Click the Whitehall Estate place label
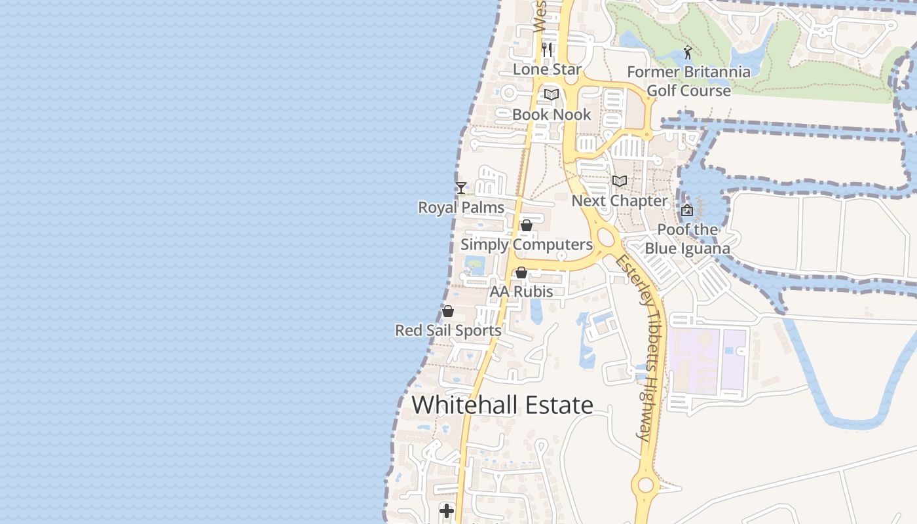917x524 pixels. click(x=502, y=405)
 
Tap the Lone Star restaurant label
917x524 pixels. click(x=547, y=69)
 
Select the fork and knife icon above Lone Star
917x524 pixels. click(x=547, y=49)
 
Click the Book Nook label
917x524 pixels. click(x=552, y=114)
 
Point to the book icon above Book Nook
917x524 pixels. click(x=552, y=95)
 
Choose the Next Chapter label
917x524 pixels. click(x=620, y=200)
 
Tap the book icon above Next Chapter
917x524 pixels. click(x=620, y=181)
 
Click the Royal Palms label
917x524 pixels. click(x=461, y=208)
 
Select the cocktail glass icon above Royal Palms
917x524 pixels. click(x=461, y=188)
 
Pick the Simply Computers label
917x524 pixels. click(x=527, y=244)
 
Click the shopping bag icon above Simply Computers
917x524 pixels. click(x=526, y=225)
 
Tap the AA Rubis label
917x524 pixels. click(x=521, y=291)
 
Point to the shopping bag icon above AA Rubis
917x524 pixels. click(x=521, y=272)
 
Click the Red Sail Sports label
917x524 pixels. click(x=448, y=330)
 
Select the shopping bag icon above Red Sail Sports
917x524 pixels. click(x=448, y=311)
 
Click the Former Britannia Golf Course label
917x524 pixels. click(x=688, y=81)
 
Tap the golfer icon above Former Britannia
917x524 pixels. click(x=687, y=52)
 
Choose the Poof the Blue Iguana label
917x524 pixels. click(x=687, y=239)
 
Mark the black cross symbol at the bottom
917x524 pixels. click(x=447, y=511)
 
